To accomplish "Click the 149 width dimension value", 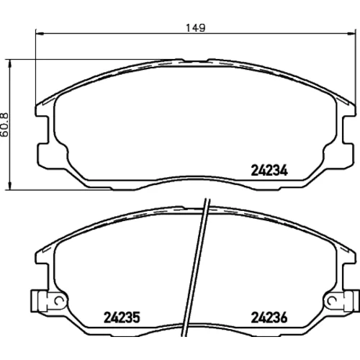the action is pyautogui.click(x=196, y=28).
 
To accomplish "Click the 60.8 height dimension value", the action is pyautogui.click(x=4, y=125).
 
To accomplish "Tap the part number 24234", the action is pyautogui.click(x=269, y=171).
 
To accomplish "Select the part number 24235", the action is pyautogui.click(x=122, y=318).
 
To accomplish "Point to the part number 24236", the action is pyautogui.click(x=269, y=318).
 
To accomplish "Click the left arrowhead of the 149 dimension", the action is pyautogui.click(x=40, y=33).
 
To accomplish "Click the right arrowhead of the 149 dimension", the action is pyautogui.click(x=351, y=33).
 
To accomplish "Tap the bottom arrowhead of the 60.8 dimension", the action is pyautogui.click(x=10, y=186).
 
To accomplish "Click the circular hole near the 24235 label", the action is pyautogui.click(x=58, y=300).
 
